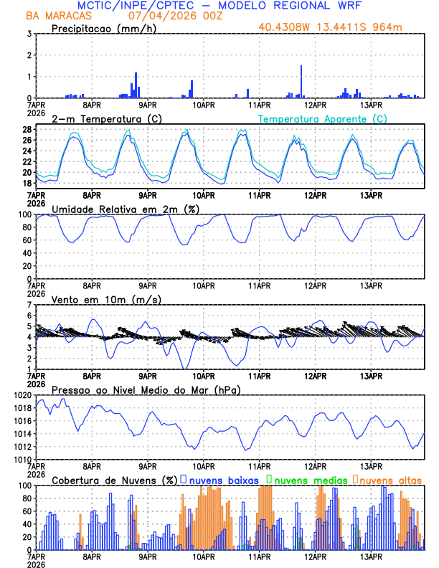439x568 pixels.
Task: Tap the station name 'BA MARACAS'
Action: click(x=56, y=16)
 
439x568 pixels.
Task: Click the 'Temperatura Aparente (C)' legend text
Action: click(x=322, y=118)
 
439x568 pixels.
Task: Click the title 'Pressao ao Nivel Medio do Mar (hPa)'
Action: click(x=146, y=389)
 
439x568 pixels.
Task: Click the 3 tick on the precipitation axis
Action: click(x=29, y=34)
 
